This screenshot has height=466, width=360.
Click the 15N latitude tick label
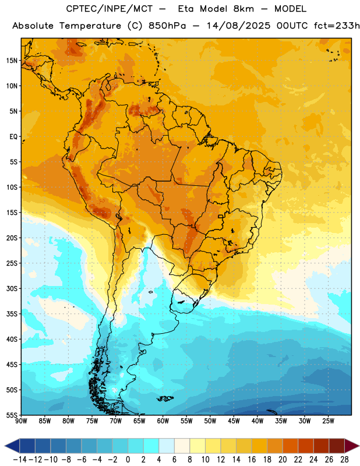[12, 61]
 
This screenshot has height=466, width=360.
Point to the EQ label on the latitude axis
[13, 137]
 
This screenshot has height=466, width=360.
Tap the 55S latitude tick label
[12, 415]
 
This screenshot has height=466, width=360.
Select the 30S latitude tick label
[12, 288]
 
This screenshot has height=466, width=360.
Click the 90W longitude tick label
[21, 421]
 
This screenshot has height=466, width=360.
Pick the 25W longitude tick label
[328, 421]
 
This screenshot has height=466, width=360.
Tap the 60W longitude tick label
[163, 421]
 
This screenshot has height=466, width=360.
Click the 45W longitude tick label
[234, 421]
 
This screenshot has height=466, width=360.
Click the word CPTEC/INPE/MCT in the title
[110, 9]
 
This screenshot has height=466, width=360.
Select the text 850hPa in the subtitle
[167, 26]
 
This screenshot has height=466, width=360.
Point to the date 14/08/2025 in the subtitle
[238, 26]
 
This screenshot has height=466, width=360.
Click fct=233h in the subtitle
[337, 26]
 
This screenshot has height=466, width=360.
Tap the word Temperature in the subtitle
[90, 26]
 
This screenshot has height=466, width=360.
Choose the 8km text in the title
[243, 9]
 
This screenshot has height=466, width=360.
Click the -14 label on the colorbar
[20, 460]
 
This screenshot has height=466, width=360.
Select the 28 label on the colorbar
[344, 460]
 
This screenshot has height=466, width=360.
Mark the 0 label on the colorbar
[128, 460]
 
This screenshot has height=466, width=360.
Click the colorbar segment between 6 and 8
[182, 446]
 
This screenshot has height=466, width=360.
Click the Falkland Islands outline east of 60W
[165, 398]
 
